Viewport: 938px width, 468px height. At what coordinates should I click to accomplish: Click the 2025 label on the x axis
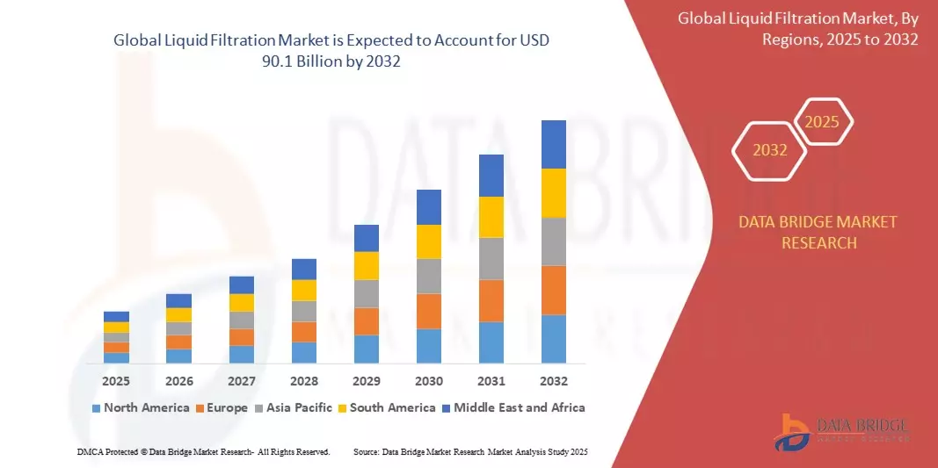point(116,381)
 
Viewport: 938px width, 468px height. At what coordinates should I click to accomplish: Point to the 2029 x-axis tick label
point(366,381)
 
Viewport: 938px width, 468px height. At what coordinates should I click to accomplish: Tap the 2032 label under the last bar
point(553,381)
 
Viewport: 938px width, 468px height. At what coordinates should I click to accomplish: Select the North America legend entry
point(141,407)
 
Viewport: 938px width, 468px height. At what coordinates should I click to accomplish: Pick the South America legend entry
point(387,407)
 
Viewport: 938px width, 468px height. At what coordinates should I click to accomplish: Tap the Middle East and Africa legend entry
point(513,407)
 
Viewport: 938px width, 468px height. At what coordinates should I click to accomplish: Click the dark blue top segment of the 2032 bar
point(553,144)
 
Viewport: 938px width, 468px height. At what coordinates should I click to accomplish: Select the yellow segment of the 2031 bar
point(491,217)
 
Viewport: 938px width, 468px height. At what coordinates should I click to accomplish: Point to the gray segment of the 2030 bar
point(428,276)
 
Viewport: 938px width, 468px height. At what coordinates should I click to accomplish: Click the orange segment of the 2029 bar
point(366,320)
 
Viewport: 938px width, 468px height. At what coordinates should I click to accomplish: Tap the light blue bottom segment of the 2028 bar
point(303,352)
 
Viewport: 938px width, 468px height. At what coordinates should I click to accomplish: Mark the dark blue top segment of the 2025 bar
point(116,316)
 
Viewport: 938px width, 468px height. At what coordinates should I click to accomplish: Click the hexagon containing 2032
point(770,150)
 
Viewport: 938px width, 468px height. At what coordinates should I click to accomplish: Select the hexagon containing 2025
point(822,122)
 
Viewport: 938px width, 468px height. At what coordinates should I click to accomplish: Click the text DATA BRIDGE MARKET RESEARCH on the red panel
point(818,232)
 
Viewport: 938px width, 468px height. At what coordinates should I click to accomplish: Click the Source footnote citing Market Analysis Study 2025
point(469,451)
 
